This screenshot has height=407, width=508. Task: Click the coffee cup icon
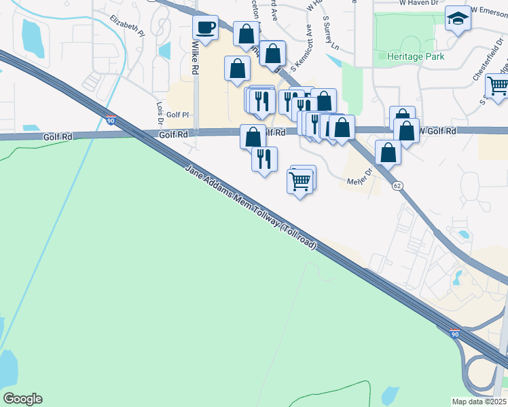[205, 28]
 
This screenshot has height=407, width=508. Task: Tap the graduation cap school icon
[458, 19]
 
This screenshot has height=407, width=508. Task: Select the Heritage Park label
[416, 56]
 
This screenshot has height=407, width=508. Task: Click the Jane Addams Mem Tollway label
[252, 207]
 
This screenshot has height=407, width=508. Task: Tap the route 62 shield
[397, 185]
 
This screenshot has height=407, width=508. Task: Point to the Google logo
[22, 399]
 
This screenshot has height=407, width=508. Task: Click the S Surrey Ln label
[331, 34]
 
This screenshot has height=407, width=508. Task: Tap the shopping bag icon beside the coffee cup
[246, 33]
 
